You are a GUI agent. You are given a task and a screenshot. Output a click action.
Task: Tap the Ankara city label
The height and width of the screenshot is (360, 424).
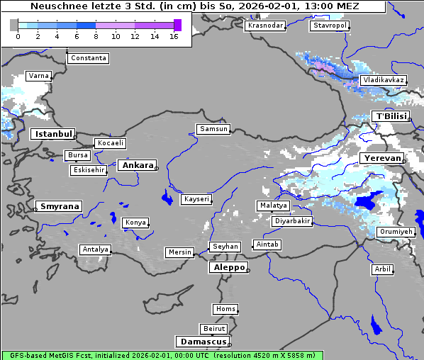(138, 165)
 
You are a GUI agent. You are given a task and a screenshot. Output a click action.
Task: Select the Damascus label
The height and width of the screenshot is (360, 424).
(202, 342)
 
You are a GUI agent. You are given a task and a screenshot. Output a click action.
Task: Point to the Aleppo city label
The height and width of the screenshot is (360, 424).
(228, 268)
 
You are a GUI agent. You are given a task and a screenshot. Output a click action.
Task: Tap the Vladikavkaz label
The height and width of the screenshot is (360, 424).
(383, 81)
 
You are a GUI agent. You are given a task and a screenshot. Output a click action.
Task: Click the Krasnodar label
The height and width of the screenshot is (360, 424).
(265, 26)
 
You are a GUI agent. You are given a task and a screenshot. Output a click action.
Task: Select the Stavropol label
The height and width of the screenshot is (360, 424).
(330, 26)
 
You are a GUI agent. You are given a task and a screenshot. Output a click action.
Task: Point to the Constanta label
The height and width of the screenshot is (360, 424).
(89, 58)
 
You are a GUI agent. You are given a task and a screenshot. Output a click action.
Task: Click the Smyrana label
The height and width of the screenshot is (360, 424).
(59, 206)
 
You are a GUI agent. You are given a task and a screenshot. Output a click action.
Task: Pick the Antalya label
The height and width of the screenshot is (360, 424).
(95, 249)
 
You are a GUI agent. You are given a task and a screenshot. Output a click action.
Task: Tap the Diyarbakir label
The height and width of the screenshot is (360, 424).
(291, 221)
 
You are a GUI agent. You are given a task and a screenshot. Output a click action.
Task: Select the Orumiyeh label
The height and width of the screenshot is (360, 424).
(395, 232)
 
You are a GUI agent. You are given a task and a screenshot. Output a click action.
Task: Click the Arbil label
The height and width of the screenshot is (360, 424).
(382, 269)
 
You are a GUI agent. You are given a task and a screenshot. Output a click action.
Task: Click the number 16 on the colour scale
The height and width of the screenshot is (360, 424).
(174, 36)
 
